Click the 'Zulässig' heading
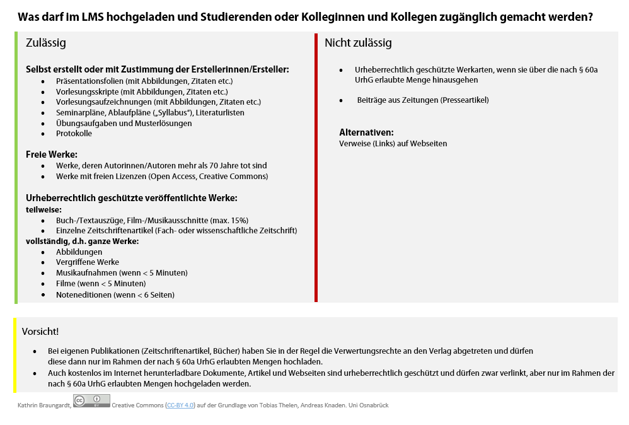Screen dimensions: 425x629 tap(45, 43)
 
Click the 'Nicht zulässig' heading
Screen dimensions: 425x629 tap(358, 43)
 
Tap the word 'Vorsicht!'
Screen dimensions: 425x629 tap(40, 331)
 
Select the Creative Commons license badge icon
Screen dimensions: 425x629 tap(91, 400)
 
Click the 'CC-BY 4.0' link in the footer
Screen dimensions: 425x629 tap(180, 405)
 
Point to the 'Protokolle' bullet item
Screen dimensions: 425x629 tap(74, 134)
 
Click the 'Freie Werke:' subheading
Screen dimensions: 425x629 tap(52, 154)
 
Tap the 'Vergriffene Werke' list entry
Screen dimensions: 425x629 tap(87, 262)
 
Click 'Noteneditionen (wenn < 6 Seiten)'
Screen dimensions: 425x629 tap(115, 294)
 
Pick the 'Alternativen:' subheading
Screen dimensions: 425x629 tap(366, 132)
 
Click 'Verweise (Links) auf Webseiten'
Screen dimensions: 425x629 tap(393, 144)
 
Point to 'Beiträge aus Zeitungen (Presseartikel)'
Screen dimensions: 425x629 tap(422, 100)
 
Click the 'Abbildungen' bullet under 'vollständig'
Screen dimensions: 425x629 tap(79, 252)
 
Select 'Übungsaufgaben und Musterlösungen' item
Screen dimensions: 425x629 tap(124, 123)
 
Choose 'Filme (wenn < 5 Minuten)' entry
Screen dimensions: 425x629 tap(101, 284)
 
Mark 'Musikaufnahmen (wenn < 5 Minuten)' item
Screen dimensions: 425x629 tap(122, 273)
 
